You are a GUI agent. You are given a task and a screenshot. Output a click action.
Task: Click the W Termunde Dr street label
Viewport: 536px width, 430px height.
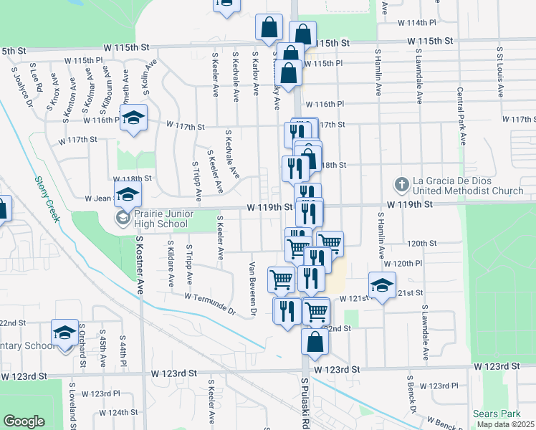tap(210, 303)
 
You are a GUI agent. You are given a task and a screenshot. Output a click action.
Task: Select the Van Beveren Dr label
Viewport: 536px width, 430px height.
tap(252, 288)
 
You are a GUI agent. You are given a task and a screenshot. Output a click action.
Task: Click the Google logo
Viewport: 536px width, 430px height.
tap(24, 421)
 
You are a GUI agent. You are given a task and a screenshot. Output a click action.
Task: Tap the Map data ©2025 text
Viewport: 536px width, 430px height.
tap(505, 424)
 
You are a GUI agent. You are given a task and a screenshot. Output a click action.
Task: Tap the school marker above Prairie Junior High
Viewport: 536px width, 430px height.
tap(128, 194)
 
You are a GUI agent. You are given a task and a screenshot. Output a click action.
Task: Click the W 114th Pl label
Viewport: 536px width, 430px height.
tap(421, 23)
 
